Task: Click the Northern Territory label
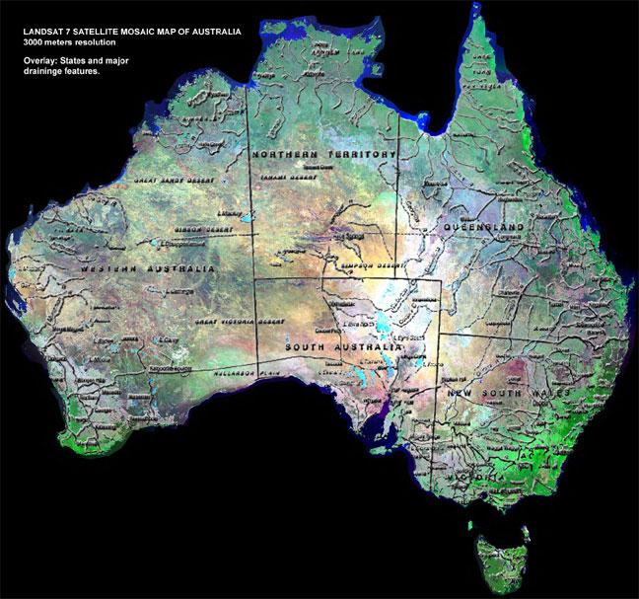322,155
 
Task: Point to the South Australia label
342,348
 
